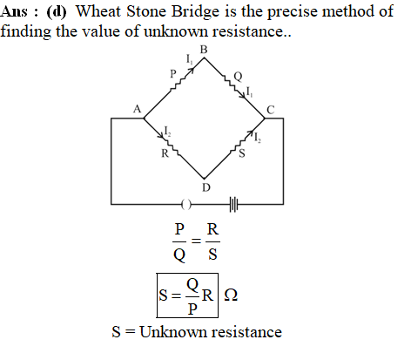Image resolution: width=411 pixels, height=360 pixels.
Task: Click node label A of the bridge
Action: (137, 109)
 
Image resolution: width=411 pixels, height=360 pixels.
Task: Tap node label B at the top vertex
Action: (204, 50)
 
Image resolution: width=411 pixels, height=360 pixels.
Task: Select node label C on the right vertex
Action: (270, 110)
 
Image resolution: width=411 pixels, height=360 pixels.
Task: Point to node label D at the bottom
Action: (205, 187)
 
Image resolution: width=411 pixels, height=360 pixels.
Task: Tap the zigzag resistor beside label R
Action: (171, 146)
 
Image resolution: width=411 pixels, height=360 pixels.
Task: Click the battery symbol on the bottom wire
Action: (233, 205)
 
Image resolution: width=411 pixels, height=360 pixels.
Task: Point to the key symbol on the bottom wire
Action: (186, 205)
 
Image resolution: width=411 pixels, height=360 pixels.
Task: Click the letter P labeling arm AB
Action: (173, 73)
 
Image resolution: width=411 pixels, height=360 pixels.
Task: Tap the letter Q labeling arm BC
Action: (238, 77)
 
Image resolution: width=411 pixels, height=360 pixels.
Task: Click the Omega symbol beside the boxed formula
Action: (231, 295)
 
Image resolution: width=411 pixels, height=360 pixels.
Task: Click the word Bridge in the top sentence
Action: (195, 12)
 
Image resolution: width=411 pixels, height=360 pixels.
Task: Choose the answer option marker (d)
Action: (57, 12)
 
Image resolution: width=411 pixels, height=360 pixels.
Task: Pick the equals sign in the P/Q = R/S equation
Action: (196, 241)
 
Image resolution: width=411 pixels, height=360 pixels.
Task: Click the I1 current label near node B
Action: (189, 59)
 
